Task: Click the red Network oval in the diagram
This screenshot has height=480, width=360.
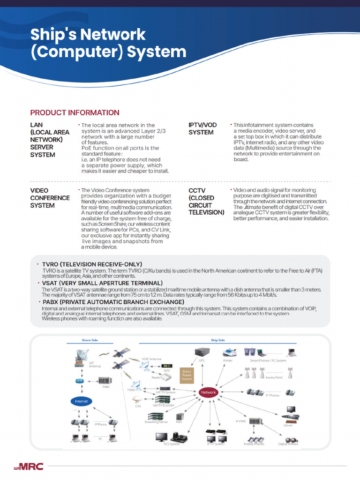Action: pyautogui.click(x=208, y=392)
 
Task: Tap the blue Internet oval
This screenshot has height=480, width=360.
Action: pyautogui.click(x=82, y=401)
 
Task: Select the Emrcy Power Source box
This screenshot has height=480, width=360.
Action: pyautogui.click(x=187, y=375)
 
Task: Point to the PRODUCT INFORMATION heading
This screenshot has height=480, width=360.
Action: pyautogui.click(x=75, y=112)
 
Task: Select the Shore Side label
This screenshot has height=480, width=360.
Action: pyautogui.click(x=90, y=340)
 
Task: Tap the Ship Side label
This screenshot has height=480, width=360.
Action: pyautogui.click(x=218, y=340)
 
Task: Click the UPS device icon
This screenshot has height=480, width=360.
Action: pyautogui.click(x=202, y=352)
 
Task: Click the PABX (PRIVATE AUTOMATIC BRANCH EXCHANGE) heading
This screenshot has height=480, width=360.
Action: pyautogui.click(x=113, y=302)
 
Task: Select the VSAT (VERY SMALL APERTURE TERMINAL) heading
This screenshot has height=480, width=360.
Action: pyautogui.click(x=102, y=283)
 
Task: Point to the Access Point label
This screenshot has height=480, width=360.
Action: pyautogui.click(x=274, y=377)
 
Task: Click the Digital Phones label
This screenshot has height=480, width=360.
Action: pyautogui.click(x=288, y=444)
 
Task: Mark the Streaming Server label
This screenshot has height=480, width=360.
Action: pyautogui.click(x=156, y=422)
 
